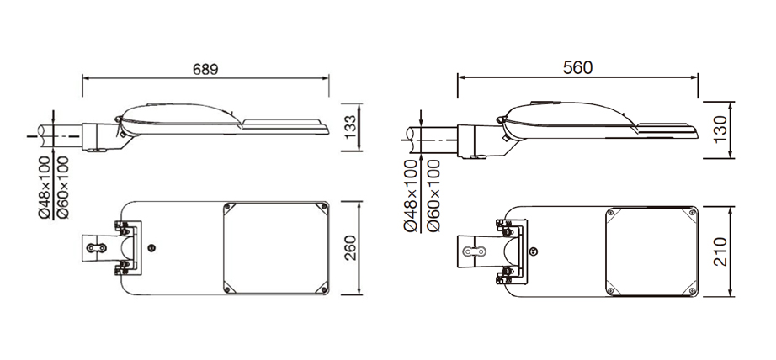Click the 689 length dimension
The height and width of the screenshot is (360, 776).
(x=205, y=69)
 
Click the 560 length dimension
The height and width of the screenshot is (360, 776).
(x=577, y=68)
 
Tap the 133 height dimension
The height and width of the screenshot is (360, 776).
(x=350, y=127)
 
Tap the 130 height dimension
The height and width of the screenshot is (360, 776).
(x=720, y=130)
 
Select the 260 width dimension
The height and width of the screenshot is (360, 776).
(x=350, y=248)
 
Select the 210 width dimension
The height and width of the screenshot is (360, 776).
(x=720, y=251)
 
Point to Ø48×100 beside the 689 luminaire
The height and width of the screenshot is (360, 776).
(x=45, y=188)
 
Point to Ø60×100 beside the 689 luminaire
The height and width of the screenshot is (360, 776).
(x=63, y=188)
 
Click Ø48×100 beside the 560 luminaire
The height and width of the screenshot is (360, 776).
(x=412, y=196)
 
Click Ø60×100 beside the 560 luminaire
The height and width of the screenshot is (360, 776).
(x=433, y=196)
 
